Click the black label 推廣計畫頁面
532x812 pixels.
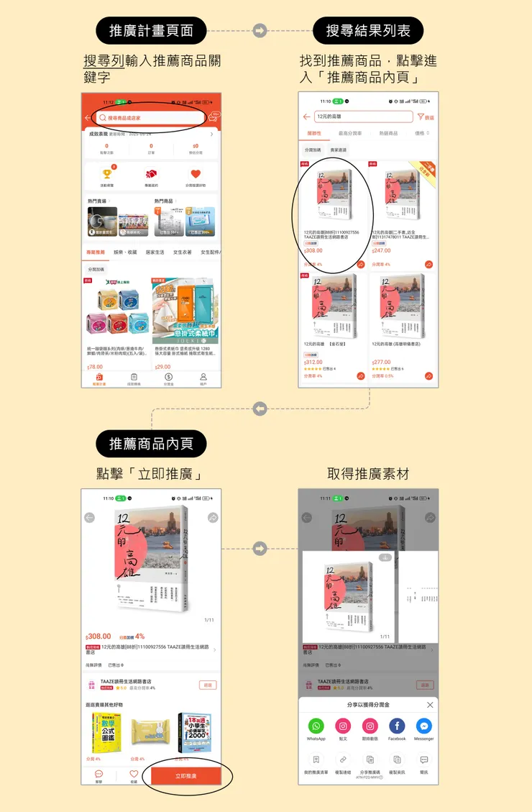pos(151,31)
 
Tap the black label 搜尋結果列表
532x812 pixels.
pos(368,31)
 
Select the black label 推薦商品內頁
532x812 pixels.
pos(151,444)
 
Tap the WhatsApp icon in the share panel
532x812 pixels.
pos(316,726)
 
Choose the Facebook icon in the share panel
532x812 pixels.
pos(397,726)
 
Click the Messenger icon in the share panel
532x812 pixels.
pos(424,726)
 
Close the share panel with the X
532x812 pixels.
pos(430,705)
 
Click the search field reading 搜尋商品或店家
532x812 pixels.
pos(151,118)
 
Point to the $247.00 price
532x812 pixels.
pos(382,251)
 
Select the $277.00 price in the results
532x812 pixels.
pos(382,362)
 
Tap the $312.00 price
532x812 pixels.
pos(313,362)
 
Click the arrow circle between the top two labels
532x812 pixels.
pos(260,31)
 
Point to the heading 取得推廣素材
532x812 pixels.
pos(368,474)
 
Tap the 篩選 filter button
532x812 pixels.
pos(426,117)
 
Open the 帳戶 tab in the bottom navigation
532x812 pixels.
pos(203,378)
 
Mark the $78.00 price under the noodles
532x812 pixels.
pos(95,367)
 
